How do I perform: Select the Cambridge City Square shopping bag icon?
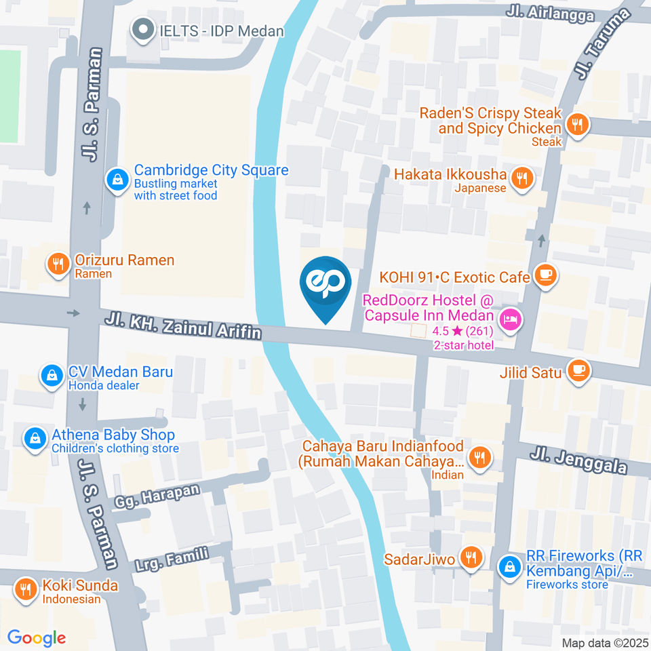118,180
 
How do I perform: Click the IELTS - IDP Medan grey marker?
142,31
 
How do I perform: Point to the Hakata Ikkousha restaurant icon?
522,178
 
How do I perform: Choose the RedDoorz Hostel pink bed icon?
510,318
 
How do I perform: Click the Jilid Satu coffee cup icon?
578,370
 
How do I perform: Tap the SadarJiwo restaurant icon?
469,557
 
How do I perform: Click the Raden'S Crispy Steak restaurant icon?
577,124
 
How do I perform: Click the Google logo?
37,637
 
